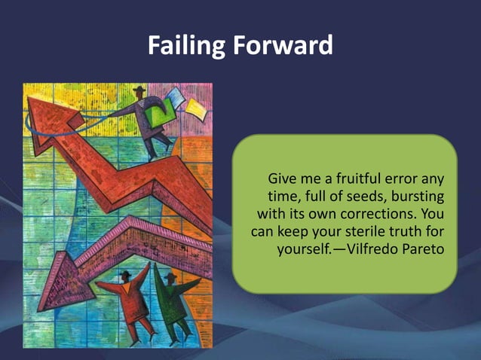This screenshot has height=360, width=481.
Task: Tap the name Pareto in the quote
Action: (x=418, y=247)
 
